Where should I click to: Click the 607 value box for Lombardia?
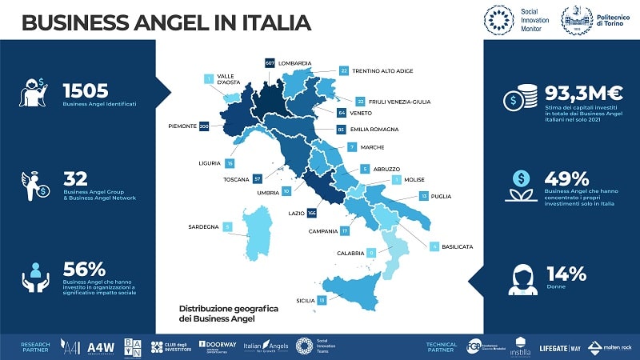point(270,62)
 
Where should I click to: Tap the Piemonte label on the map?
point(183,126)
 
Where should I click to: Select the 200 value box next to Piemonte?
point(203,126)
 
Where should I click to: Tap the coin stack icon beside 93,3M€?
point(514,98)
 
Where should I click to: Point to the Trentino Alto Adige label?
point(382,71)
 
